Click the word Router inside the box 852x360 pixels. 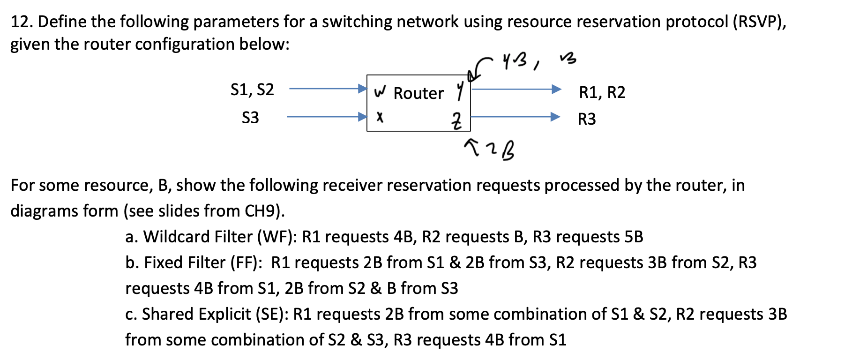pyautogui.click(x=418, y=93)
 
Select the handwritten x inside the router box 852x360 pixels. pyautogui.click(x=380, y=117)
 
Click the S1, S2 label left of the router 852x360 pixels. pyautogui.click(x=252, y=90)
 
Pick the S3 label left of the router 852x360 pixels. pyautogui.click(x=250, y=117)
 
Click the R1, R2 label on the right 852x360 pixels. pyautogui.click(x=602, y=92)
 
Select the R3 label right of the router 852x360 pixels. pyautogui.click(x=587, y=119)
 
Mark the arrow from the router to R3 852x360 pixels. pyautogui.click(x=516, y=116)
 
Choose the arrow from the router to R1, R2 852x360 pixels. pyautogui.click(x=516, y=89)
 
